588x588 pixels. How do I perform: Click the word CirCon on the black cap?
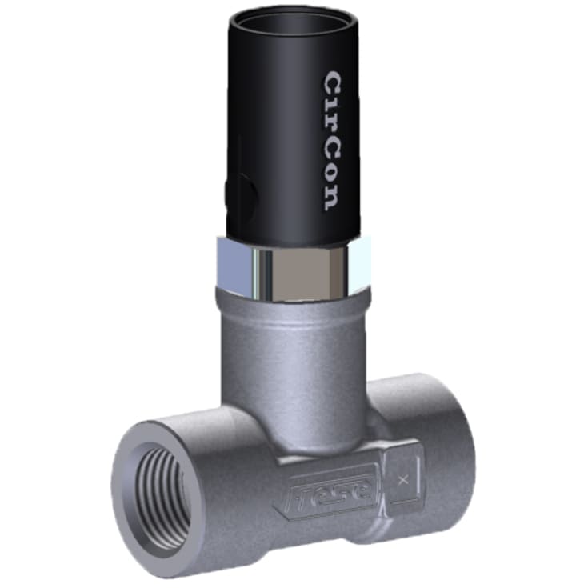[332, 141]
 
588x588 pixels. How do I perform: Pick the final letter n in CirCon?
[332, 196]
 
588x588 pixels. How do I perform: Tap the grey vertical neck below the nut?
[292, 360]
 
